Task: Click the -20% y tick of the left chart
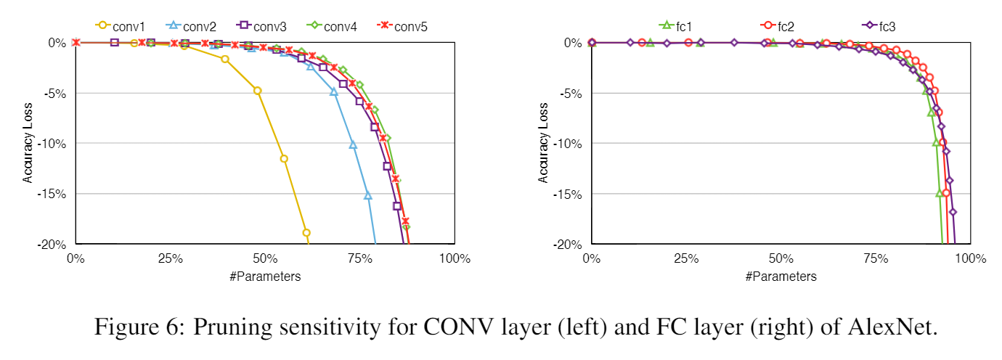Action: (x=53, y=244)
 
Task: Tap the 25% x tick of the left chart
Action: (x=169, y=258)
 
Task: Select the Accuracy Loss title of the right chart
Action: (x=544, y=142)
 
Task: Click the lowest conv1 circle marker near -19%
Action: (x=306, y=233)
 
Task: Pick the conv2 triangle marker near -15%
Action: (x=368, y=195)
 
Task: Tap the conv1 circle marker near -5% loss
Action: (x=257, y=91)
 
